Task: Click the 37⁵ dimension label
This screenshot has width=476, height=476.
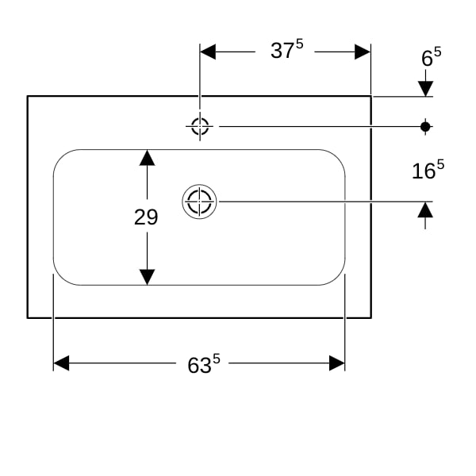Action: click(x=287, y=49)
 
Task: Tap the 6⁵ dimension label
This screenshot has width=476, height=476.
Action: click(x=431, y=56)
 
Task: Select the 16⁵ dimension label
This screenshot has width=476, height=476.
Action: click(x=428, y=169)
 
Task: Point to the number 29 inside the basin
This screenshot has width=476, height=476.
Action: click(x=146, y=217)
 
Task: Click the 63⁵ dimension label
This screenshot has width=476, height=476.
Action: click(x=204, y=364)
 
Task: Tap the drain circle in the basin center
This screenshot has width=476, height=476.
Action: click(x=199, y=202)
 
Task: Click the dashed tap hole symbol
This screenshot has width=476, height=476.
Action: click(x=200, y=126)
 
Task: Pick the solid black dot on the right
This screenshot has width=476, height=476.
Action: click(x=425, y=127)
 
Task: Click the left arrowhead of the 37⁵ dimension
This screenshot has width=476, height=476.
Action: click(x=208, y=52)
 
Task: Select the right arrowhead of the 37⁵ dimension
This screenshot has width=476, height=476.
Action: click(x=363, y=52)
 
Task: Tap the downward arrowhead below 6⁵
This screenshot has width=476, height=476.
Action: click(x=425, y=89)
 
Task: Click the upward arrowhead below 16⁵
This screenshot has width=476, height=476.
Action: click(x=425, y=209)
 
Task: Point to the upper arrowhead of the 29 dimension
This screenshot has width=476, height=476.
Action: click(x=148, y=158)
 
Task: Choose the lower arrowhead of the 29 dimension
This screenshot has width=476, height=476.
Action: click(x=148, y=277)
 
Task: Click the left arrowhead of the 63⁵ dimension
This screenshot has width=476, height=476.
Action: click(x=61, y=363)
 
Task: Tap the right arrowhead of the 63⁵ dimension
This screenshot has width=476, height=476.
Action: click(x=337, y=363)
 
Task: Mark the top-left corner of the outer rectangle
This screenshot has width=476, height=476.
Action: click(x=27, y=96)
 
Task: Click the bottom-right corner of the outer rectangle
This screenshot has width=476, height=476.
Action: click(x=371, y=318)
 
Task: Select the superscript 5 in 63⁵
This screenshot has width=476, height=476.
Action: click(x=216, y=359)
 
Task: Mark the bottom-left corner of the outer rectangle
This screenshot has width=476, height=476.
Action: click(x=27, y=318)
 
